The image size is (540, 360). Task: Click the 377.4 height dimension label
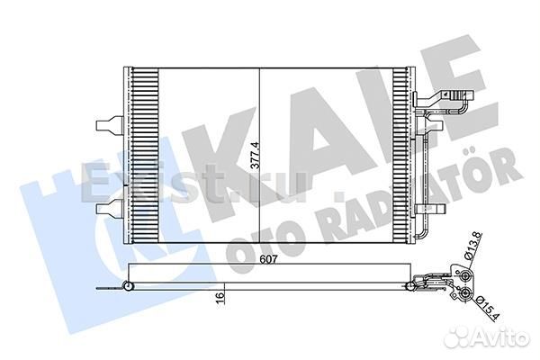pyautogui.click(x=255, y=154)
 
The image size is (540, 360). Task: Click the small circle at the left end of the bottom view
pyautogui.click(x=128, y=287)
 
